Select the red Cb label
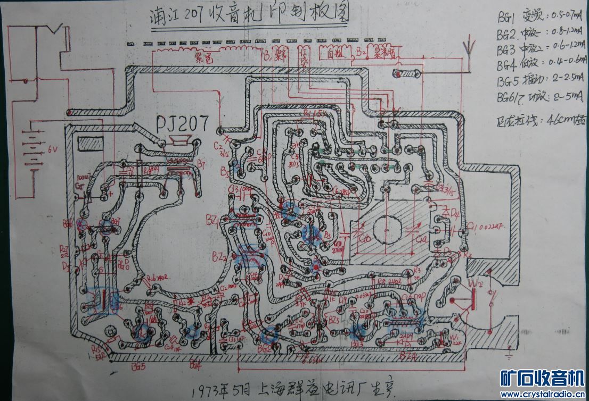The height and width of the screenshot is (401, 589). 366,238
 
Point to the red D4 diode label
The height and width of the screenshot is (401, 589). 454,212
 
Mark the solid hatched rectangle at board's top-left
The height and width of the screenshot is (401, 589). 90,144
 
